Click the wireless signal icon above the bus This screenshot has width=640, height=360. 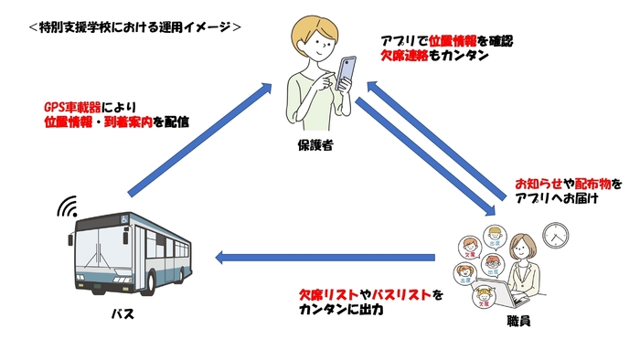68,206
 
